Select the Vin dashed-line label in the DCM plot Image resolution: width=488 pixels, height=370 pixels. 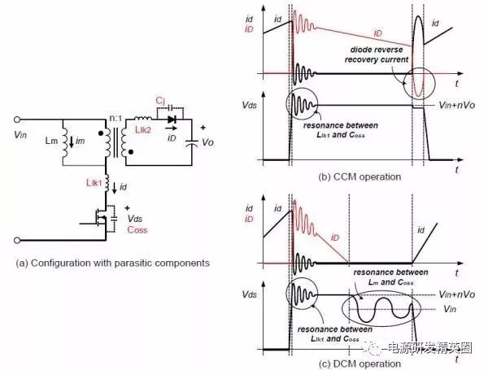455,309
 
